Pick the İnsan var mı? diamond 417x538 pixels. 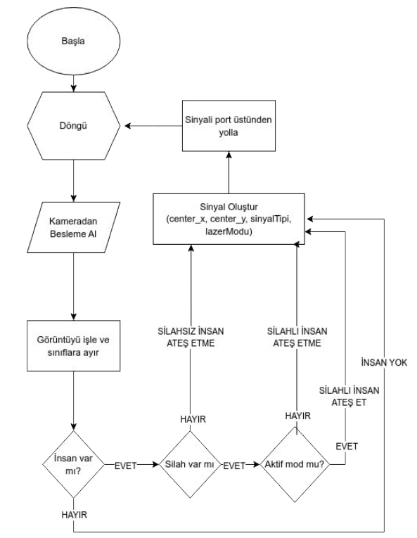coord(74,465)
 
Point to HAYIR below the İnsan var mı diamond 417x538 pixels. coord(74,515)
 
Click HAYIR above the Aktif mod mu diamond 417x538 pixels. coord(298,416)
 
